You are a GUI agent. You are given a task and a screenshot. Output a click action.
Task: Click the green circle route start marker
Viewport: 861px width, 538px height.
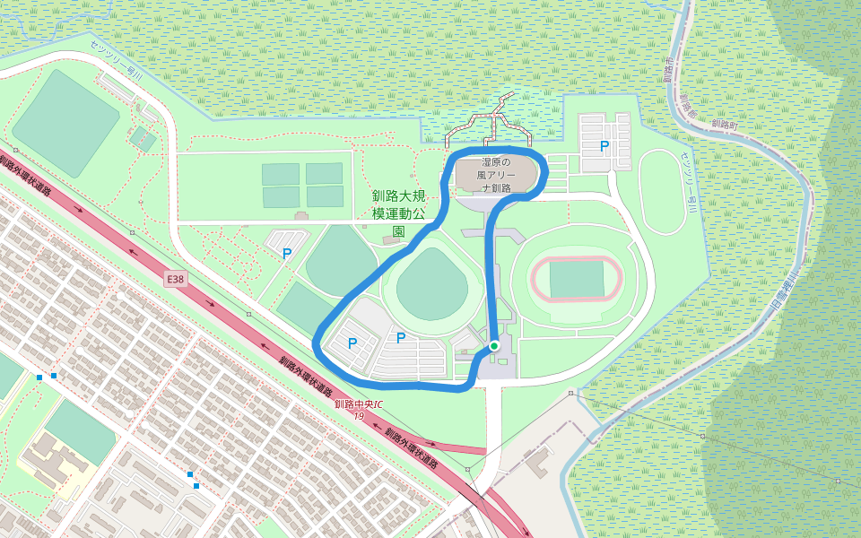[x=493, y=345]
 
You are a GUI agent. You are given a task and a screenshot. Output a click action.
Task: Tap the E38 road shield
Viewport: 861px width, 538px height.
[x=176, y=280]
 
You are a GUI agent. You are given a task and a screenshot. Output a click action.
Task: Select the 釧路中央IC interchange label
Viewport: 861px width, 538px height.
[x=359, y=404]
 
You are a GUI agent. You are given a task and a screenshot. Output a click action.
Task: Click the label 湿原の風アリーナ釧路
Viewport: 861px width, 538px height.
[x=496, y=176]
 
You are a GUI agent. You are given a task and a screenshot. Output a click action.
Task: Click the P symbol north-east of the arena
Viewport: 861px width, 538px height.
[x=604, y=145]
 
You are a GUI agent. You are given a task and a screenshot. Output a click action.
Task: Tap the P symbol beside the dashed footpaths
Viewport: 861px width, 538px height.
[x=287, y=254]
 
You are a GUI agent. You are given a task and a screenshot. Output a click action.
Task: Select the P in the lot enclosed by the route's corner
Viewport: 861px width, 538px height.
[x=352, y=343]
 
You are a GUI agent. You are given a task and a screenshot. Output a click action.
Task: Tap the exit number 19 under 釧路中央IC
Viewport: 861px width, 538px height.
[x=359, y=416]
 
